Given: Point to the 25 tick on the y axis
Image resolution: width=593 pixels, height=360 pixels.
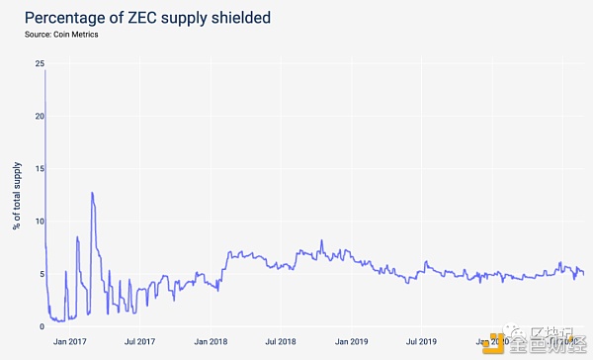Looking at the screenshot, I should tap(39, 63).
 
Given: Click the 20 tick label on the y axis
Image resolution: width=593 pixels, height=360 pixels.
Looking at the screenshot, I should tap(39, 116).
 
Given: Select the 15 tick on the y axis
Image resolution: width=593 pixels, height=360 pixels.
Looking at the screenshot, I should tap(39, 168).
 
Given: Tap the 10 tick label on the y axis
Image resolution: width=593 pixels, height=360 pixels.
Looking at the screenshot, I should tap(39, 222).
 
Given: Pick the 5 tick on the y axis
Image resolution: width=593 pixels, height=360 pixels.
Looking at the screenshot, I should tap(41, 274).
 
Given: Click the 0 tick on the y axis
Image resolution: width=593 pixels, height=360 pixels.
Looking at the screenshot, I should tap(41, 326).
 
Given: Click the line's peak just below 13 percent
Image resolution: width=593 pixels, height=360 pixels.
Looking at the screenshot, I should tap(92, 193).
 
